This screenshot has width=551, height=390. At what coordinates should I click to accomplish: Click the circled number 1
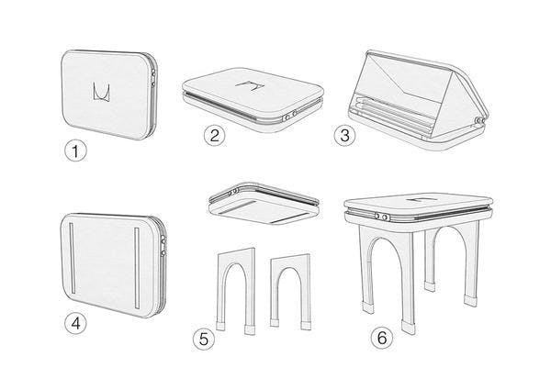[x=75, y=151]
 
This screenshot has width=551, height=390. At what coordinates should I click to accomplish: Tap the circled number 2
[x=215, y=135]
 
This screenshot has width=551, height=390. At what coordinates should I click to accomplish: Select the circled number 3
[x=344, y=136]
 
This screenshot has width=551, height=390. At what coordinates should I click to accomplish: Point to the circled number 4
[x=75, y=323]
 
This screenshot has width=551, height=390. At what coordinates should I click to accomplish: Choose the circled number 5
[x=204, y=340]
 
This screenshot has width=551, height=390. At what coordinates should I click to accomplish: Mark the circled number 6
[x=382, y=338]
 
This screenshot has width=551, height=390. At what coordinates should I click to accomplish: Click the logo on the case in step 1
[x=102, y=92]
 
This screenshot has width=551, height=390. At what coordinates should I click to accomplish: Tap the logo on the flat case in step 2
[x=250, y=86]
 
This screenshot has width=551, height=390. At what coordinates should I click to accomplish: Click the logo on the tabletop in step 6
[x=420, y=200]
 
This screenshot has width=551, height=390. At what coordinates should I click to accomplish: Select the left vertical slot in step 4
[x=72, y=258]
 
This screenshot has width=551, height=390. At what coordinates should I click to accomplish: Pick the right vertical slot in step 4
[x=137, y=269]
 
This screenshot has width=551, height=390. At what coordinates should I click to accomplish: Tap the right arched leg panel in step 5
[x=291, y=292]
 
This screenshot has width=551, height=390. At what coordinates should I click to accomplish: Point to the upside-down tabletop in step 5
[x=264, y=205]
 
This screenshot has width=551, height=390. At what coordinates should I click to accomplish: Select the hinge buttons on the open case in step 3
[x=480, y=121]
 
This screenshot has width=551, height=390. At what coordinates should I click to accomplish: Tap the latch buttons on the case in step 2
[x=290, y=116]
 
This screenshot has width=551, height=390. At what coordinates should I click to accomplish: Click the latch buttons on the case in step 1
[x=153, y=78]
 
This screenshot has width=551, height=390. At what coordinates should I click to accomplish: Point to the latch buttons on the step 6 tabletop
[x=380, y=217]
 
